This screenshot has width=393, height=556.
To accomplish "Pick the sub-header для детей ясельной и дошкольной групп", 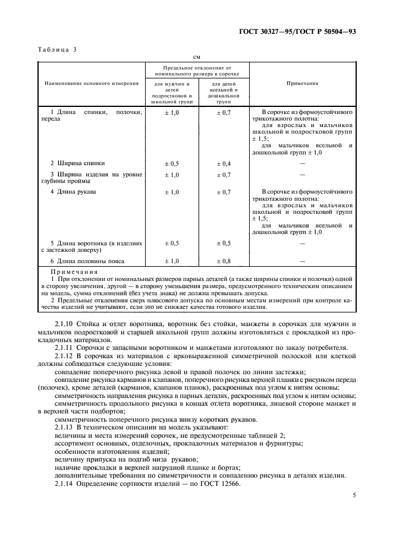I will [224, 94].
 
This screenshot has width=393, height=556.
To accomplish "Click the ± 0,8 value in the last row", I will [224, 261].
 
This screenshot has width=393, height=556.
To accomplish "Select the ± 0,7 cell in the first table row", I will [224, 112].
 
